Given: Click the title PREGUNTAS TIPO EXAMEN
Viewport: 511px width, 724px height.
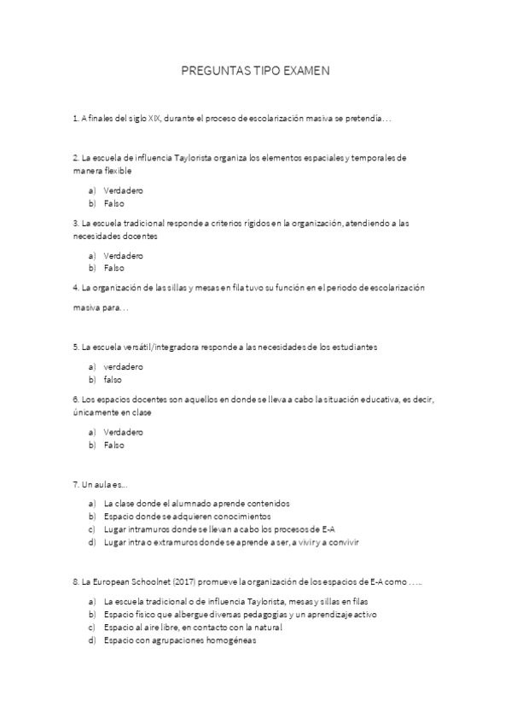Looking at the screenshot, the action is click(255, 73).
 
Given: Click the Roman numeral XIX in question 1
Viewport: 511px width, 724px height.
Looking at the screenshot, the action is click(154, 120).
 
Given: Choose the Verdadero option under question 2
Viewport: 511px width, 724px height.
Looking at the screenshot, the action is click(123, 190).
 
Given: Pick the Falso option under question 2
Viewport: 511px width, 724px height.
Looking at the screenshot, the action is click(113, 204).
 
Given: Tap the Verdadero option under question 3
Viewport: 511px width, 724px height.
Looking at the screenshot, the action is click(123, 255).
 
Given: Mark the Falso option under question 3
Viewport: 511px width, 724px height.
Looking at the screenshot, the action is click(113, 267).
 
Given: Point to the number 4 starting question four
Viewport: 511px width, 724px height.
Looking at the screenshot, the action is click(76, 288).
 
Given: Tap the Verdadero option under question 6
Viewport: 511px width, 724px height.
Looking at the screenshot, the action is click(123, 432).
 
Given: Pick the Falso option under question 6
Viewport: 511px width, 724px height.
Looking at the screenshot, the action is click(113, 445).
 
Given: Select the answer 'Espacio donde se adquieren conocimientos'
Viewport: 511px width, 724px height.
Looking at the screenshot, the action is click(187, 517).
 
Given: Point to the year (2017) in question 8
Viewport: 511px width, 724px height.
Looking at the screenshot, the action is click(182, 582).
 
